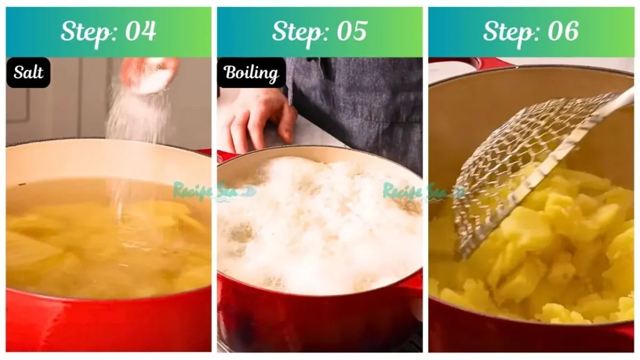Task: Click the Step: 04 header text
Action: point(108,31)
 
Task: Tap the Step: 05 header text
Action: point(319,31)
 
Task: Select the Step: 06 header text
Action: point(531,31)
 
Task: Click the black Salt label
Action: point(29,72)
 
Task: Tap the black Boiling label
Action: point(251,73)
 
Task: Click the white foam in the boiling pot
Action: point(319,225)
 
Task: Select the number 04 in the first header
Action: point(140,31)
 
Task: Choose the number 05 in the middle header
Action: point(351,31)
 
